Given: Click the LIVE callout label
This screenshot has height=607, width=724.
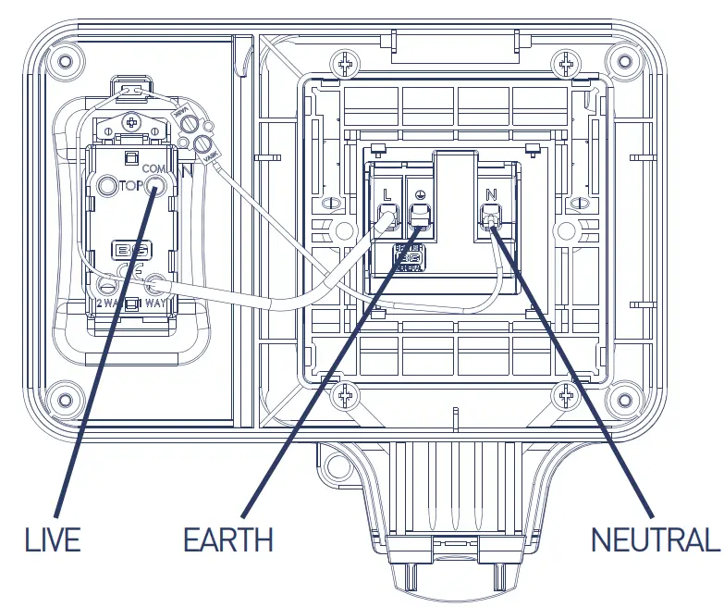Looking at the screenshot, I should click(x=55, y=539).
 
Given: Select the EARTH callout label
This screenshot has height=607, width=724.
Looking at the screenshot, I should click(x=228, y=539).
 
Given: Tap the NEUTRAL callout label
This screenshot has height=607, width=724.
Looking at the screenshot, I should click(x=655, y=539).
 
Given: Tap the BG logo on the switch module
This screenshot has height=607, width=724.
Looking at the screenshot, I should click(x=130, y=250).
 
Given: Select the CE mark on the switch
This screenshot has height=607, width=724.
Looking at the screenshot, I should click(x=130, y=269).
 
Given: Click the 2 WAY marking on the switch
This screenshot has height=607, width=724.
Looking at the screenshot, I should click(x=105, y=302).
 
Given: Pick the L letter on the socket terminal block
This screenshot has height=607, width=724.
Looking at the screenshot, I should click(x=387, y=195).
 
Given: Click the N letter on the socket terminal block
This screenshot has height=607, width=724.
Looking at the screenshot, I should click(x=490, y=195).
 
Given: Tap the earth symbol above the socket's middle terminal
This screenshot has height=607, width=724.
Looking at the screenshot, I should click(x=421, y=195).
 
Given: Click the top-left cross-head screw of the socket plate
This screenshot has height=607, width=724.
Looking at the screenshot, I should click(x=348, y=65).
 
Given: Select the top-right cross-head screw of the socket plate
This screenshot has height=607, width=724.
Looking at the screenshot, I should click(x=565, y=65).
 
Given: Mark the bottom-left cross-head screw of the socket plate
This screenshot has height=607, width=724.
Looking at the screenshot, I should click(x=348, y=398).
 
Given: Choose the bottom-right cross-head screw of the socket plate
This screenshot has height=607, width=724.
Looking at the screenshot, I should click(x=565, y=398).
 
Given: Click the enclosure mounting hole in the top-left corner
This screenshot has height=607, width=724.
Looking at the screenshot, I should click(x=64, y=62).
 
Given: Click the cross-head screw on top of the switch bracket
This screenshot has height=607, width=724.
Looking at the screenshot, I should click(x=132, y=121).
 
